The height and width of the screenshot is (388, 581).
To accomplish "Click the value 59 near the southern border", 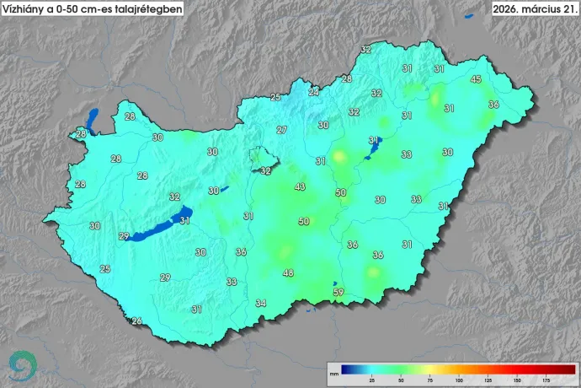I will pos(338,293).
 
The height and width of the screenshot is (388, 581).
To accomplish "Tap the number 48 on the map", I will pos(288,273).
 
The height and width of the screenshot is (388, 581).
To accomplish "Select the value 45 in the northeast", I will pos(476,79).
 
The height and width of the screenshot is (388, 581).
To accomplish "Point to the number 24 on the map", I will pos(313,92).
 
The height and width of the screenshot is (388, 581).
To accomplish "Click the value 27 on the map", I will pos(281,130).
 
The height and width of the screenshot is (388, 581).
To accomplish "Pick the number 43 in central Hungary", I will pos(300,186).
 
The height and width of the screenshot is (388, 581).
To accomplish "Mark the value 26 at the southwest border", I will pos(136,321).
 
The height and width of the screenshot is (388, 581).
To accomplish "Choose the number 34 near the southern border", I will pos(261,303).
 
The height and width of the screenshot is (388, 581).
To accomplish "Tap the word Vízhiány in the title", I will pos(27,9).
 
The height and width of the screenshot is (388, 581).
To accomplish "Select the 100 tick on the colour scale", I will pos(458,380).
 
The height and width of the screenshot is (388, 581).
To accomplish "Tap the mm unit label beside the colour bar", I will pos(333,372).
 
